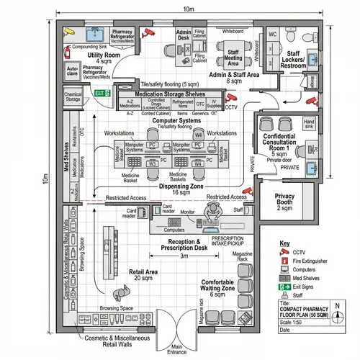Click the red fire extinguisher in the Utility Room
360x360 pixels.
(x=66, y=52)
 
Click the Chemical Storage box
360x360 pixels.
(x=73, y=98)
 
